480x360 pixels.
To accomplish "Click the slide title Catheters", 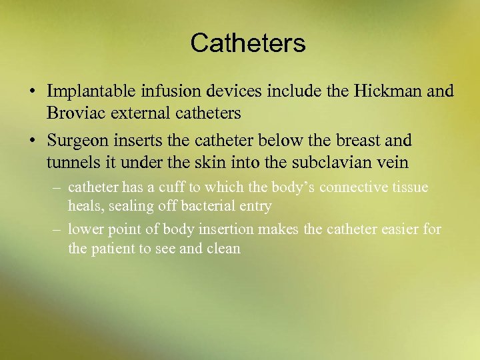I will [247, 43].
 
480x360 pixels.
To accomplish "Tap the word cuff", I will [168, 188].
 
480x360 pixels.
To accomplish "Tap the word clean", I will [224, 249].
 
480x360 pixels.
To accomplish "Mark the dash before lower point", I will [58, 230].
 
